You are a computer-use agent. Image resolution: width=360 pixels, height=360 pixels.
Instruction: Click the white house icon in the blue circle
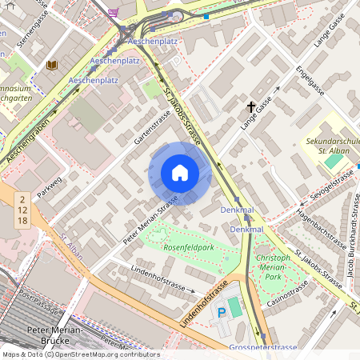coord(180,173)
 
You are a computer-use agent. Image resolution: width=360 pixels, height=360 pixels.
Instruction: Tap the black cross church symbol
coord(250,106)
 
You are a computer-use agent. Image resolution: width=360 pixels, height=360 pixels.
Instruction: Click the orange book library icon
coord(53,65)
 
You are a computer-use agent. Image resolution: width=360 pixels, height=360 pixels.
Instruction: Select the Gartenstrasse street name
coord(152,128)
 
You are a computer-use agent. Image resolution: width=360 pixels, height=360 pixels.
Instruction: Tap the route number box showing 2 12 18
coord(23,209)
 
